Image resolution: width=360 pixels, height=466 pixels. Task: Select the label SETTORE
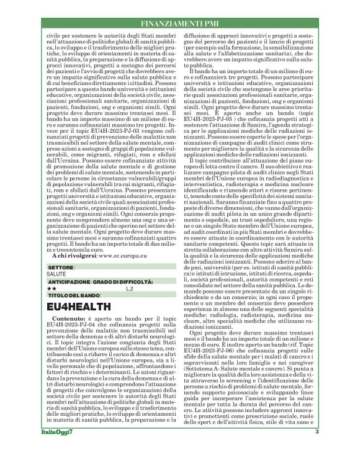pyautogui.click(x=61, y=266)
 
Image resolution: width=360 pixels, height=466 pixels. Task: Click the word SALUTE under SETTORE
pyautogui.click(x=56, y=273)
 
